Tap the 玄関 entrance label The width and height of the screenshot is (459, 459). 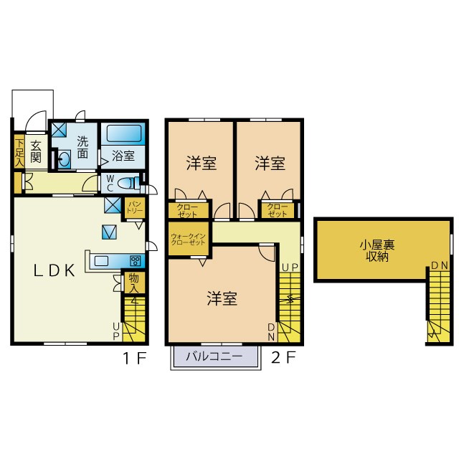click(36, 151)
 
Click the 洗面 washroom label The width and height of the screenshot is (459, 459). click(82, 148)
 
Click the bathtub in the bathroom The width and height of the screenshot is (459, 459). click(124, 133)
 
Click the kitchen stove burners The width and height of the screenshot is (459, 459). click(134, 260)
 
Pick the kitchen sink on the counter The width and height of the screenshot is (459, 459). click(100, 260)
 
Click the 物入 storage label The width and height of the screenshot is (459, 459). click(134, 282)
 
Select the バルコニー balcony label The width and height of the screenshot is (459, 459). click(213, 356)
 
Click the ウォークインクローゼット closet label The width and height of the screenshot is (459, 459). click(189, 240)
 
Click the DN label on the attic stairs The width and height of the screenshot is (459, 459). click(440, 266)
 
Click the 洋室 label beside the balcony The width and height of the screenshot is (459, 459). click(222, 298)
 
